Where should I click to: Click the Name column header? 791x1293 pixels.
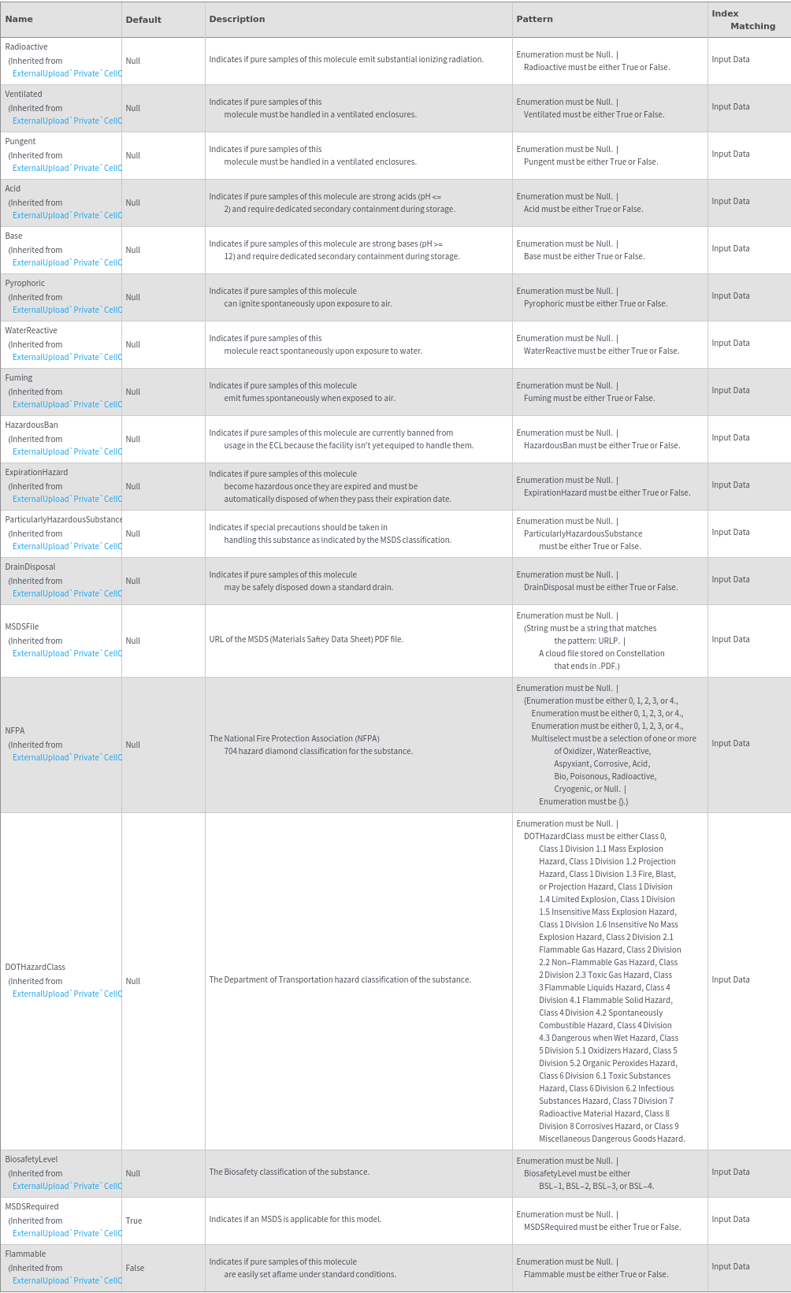pos(19,19)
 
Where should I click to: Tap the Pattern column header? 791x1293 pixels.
pos(534,19)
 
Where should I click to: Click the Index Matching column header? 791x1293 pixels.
pos(743,20)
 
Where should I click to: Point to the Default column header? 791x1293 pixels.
pos(143,20)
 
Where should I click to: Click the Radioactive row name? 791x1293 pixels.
pos(26,47)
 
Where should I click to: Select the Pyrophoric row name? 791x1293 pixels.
pos(25,284)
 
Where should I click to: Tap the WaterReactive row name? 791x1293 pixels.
pos(31,331)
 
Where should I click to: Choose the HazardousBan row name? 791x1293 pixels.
pos(32,425)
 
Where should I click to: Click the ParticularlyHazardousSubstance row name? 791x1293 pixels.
pos(63,520)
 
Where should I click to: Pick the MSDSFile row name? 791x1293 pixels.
pos(22,627)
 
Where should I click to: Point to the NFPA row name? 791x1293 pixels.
pos(15,731)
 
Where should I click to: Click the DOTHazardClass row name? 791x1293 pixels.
pos(35,968)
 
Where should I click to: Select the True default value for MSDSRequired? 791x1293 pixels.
pos(134,1221)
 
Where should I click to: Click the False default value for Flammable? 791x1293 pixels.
pos(135,1269)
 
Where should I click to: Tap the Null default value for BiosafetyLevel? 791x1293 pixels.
pos(132,1174)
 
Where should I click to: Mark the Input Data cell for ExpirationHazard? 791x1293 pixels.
pos(730,485)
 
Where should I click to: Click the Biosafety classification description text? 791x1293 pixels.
pos(289,1172)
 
